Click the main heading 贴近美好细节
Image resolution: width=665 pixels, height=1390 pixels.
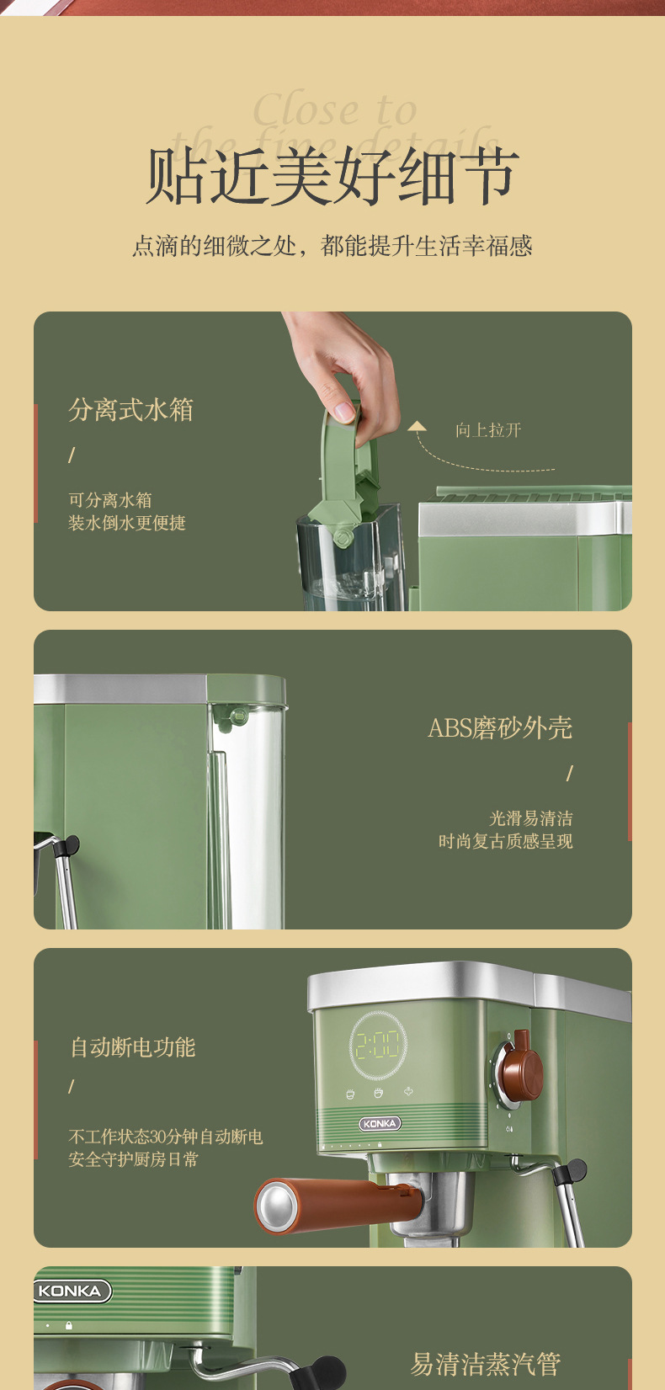332,177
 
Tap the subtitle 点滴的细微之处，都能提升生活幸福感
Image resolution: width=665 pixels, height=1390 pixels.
332,246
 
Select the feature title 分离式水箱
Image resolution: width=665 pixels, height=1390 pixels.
130,410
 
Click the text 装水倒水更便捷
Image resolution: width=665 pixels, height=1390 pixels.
126,523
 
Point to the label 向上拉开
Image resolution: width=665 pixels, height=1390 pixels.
488,430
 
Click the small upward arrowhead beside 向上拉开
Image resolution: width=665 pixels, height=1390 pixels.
417,426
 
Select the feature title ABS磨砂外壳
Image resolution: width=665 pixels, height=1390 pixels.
500,728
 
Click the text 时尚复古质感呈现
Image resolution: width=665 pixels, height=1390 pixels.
505,841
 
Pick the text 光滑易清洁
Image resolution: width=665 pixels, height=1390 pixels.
530,818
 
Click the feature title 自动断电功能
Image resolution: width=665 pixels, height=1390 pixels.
132,1047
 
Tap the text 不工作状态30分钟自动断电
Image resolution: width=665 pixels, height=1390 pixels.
165,1137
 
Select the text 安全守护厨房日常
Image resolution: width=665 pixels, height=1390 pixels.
133,1159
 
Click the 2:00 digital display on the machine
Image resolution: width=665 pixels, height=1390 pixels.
378,1046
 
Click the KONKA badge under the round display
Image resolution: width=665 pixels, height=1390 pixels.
380,1123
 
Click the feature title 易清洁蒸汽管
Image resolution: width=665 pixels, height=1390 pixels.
485,1364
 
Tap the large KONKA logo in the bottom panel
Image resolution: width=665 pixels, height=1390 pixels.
71,1291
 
